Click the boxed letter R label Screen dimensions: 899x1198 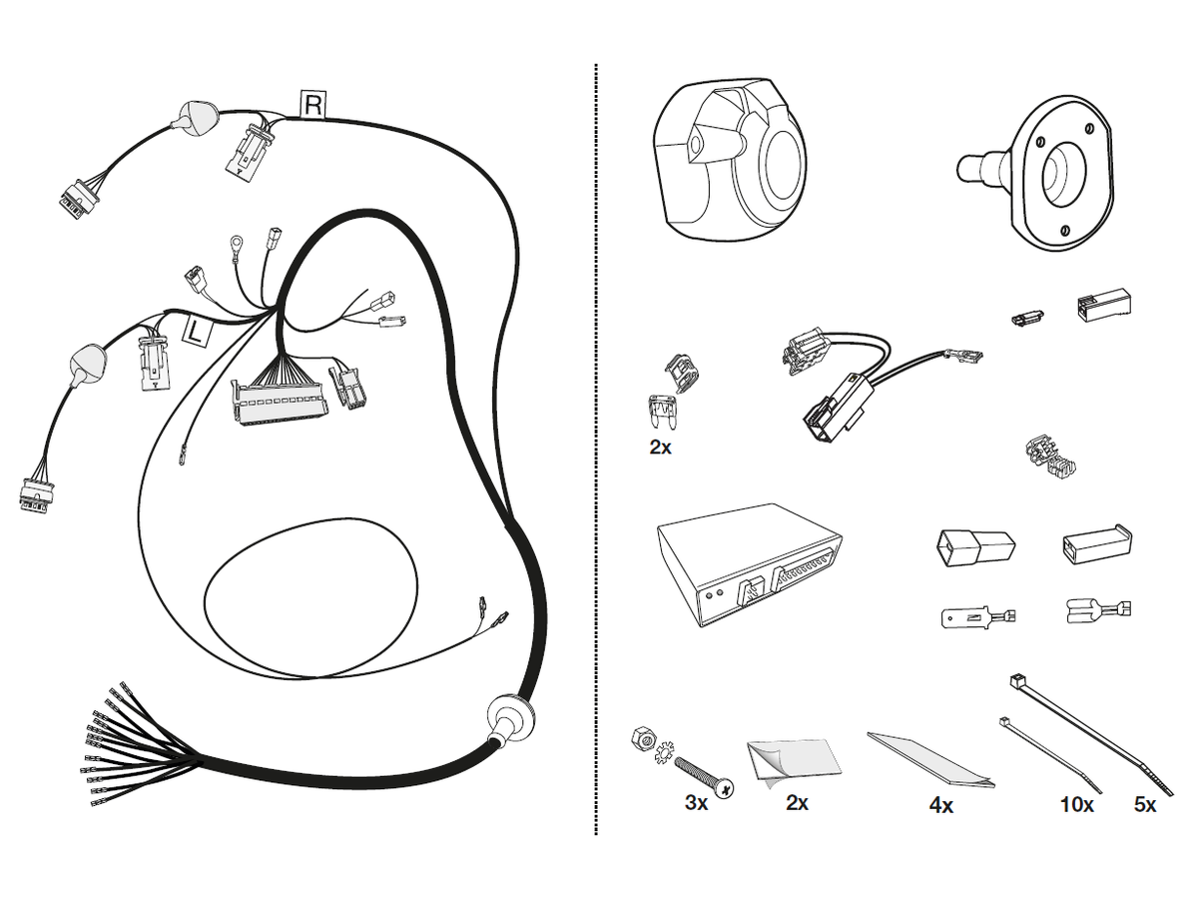pos(312,104)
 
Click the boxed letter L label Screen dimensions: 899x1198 pos(197,330)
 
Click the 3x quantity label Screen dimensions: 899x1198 pos(695,803)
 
